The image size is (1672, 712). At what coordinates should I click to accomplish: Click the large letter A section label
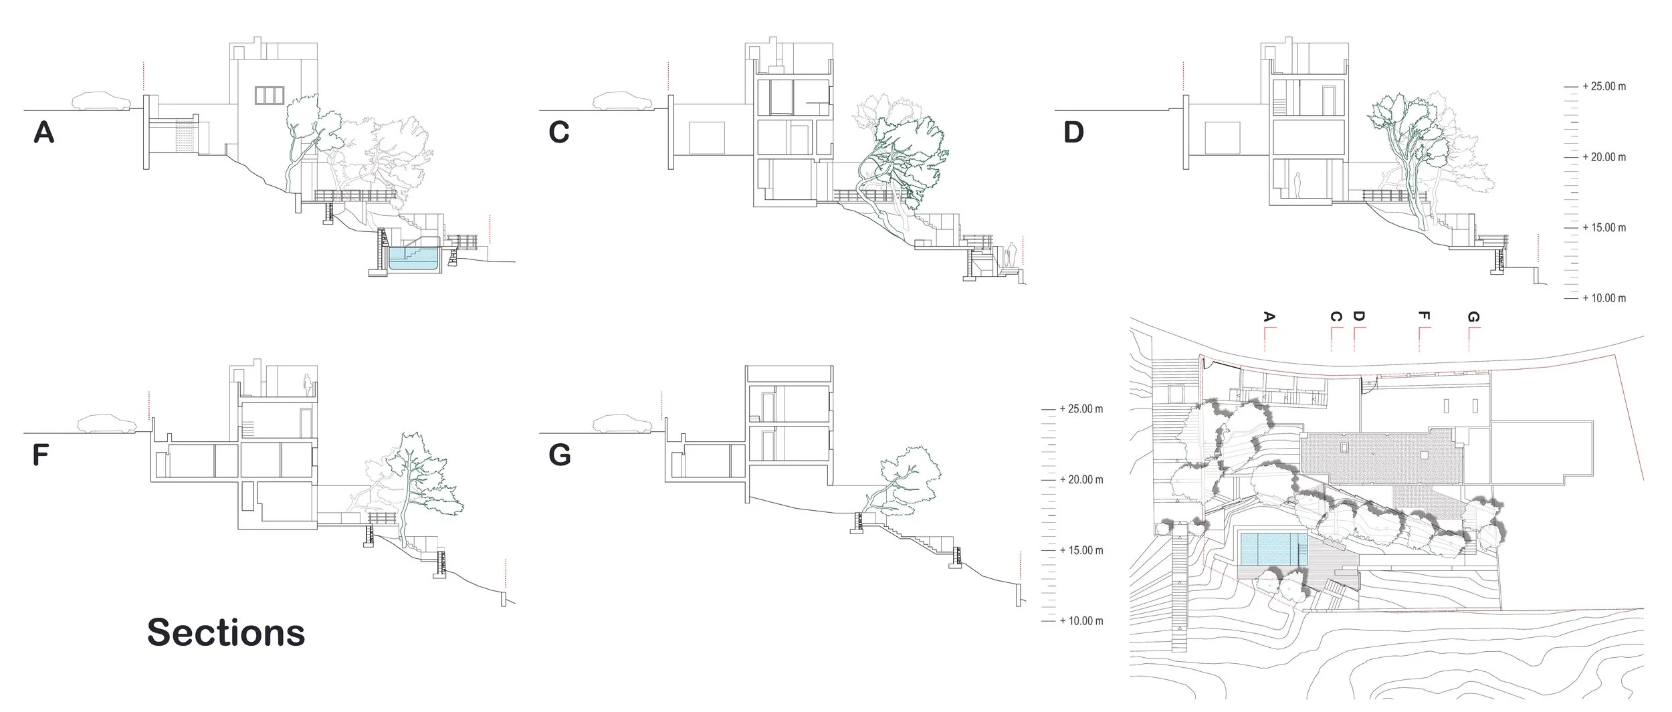[x=43, y=132]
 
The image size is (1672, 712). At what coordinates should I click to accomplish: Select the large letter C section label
[x=558, y=132]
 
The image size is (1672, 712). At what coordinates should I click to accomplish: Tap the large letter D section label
[x=1073, y=132]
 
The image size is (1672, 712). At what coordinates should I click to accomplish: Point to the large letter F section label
[x=41, y=455]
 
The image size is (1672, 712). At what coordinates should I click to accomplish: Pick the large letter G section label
[x=559, y=455]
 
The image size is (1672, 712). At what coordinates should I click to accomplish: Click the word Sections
[x=226, y=632]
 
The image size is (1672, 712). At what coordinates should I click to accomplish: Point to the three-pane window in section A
[x=270, y=96]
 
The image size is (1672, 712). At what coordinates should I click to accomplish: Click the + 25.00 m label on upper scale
[x=1604, y=87]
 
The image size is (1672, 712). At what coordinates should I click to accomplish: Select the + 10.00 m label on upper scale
[x=1604, y=298]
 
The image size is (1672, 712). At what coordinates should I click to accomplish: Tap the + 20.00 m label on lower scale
[x=1081, y=480]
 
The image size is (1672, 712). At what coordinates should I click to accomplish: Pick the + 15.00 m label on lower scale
[x=1081, y=551]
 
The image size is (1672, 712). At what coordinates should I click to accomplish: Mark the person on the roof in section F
[x=308, y=385]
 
